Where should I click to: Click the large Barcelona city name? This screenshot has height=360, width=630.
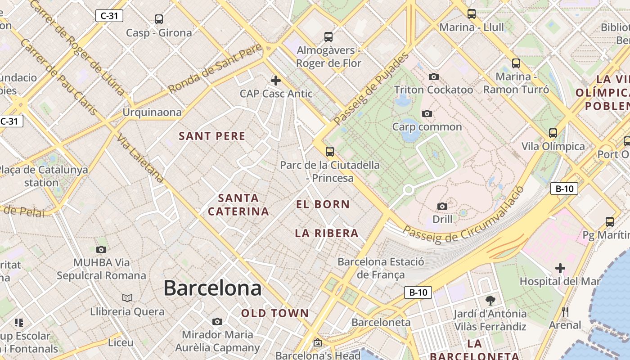pyautogui.click(x=212, y=288)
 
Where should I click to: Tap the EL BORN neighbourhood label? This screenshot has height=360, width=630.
pyautogui.click(x=323, y=204)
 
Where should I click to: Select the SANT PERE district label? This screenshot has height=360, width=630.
pyautogui.click(x=212, y=136)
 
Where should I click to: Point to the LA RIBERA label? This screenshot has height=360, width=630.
pyautogui.click(x=327, y=233)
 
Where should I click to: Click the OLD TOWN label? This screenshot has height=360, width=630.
pyautogui.click(x=275, y=313)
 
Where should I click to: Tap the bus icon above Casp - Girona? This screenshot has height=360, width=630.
pyautogui.click(x=158, y=19)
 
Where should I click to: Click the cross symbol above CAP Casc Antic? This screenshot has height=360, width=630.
pyautogui.click(x=276, y=81)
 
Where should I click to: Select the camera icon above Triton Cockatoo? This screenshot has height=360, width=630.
pyautogui.click(x=434, y=77)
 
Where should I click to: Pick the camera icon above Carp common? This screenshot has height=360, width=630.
pyautogui.click(x=427, y=113)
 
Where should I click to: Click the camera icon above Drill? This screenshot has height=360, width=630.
pyautogui.click(x=442, y=206)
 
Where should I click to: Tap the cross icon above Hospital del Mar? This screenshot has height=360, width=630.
pyautogui.click(x=560, y=269)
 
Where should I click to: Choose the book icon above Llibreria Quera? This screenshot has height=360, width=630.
pyautogui.click(x=127, y=298)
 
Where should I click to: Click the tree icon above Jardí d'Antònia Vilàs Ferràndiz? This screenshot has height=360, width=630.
pyautogui.click(x=490, y=300)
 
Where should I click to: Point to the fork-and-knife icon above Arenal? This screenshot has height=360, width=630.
pyautogui.click(x=565, y=311)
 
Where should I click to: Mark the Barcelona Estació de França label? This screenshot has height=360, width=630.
pyautogui.click(x=381, y=268)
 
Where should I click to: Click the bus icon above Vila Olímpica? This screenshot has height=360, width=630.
pyautogui.click(x=553, y=133)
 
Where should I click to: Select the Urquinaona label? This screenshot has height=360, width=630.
pyautogui.click(x=152, y=112)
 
